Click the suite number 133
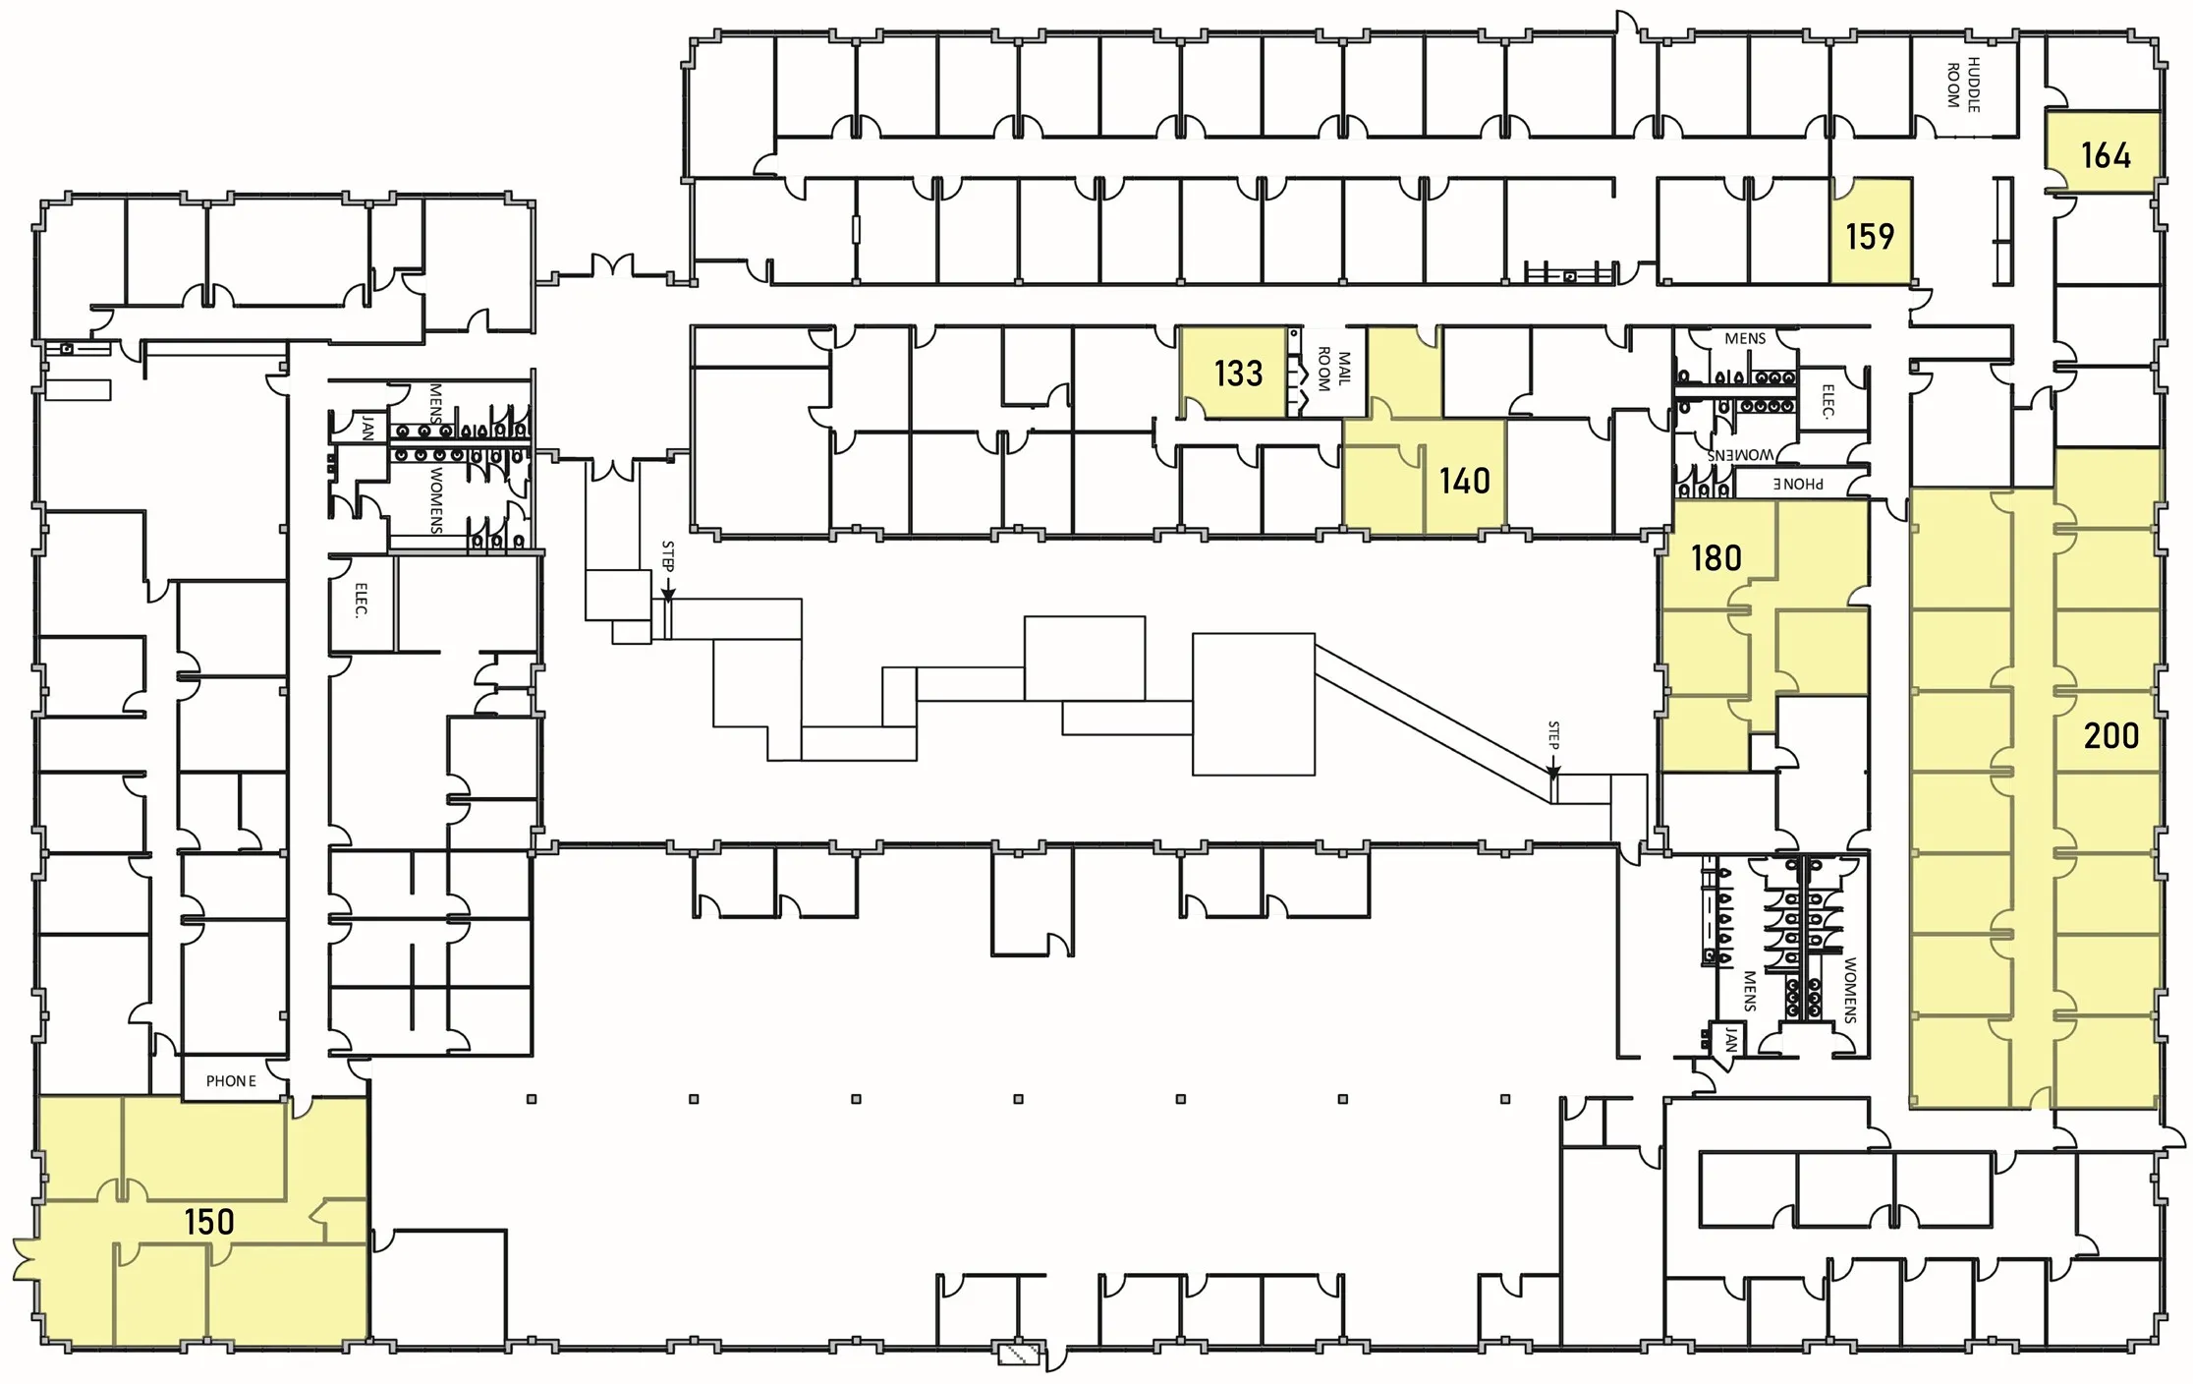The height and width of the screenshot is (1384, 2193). pos(1238,374)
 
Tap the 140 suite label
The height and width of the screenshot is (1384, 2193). pos(1464,481)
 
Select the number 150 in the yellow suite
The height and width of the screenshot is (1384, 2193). pos(209,1222)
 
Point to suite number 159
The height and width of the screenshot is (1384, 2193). pos(1869,237)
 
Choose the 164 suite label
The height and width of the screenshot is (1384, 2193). pos(2106,155)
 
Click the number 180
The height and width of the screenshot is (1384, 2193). pos(1715,558)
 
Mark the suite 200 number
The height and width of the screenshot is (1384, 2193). pos(2110,736)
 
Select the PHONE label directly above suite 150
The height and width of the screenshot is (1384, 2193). pos(231,1081)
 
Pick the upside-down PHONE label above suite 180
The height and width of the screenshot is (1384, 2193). pos(1798,484)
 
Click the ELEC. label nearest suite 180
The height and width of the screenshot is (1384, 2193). pos(1827,401)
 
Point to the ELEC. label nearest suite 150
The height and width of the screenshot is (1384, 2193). pos(361,601)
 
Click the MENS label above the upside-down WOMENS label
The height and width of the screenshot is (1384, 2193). pos(1745,339)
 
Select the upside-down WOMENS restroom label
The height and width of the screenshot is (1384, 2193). pos(1740,455)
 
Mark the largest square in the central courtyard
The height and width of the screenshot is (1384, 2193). pos(1253,704)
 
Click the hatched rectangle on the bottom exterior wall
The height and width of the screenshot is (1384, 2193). pos(1019,1355)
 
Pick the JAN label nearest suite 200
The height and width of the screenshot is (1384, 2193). pos(1730,1039)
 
